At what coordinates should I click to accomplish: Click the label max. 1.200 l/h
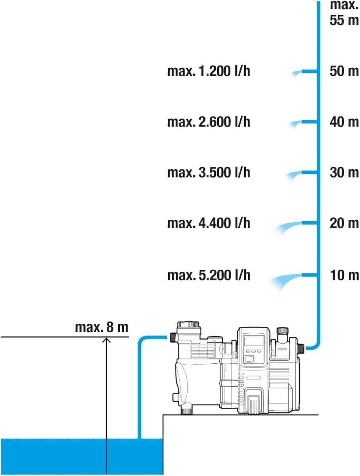tap(209, 71)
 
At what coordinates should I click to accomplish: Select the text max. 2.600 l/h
tap(209, 122)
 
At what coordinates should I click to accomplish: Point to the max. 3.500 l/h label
tap(209, 173)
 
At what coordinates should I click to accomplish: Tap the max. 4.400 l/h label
tap(209, 223)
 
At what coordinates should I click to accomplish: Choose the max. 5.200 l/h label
tap(209, 275)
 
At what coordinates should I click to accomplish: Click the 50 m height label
tap(345, 71)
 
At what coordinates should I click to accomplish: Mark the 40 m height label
tap(345, 122)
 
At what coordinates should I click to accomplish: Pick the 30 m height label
tap(345, 173)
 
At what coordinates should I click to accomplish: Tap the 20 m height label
tap(345, 223)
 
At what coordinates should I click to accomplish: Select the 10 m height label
tap(345, 275)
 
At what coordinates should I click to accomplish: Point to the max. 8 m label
tap(101, 327)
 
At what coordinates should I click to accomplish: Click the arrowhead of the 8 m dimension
tap(106, 340)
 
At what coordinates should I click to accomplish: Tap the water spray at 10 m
tap(285, 281)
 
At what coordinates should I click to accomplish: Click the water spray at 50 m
tap(296, 74)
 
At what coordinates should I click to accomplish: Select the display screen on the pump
tap(254, 341)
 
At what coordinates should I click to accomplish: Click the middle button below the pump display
tap(253, 351)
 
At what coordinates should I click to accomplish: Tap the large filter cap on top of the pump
tap(188, 325)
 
